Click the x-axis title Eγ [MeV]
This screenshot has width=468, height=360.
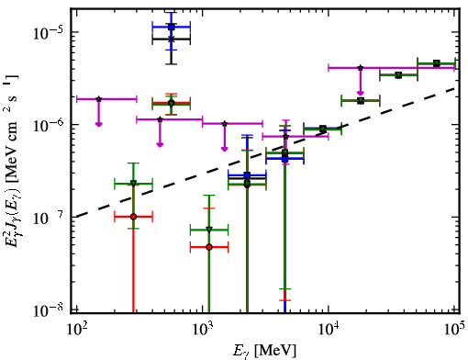tap(264, 350)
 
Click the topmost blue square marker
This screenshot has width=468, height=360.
tap(172, 27)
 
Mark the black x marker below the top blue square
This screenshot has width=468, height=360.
tap(172, 39)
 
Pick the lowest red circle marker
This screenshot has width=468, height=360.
tap(209, 247)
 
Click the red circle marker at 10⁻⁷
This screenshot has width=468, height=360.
tap(133, 217)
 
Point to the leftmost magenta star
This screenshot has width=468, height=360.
tap(98, 99)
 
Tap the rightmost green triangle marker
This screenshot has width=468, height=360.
tap(437, 63)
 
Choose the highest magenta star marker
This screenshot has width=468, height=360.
tap(361, 68)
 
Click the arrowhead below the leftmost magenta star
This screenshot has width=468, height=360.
tap(98, 124)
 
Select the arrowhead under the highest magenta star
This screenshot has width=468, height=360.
tap(361, 93)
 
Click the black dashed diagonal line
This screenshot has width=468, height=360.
tap(266, 152)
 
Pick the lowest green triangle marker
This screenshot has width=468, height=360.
tap(209, 230)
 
